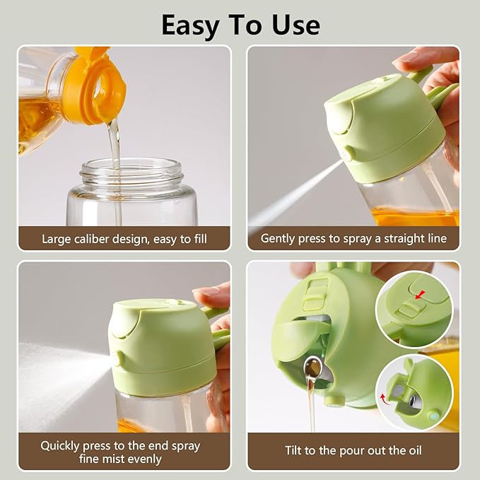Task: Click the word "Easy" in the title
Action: point(189,26)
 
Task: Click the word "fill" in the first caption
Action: point(201,239)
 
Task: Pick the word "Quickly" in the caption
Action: point(59,446)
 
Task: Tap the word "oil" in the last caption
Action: point(415,450)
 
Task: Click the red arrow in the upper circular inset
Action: point(421,295)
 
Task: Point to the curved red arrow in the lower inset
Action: point(384,399)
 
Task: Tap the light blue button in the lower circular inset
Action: point(433,416)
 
